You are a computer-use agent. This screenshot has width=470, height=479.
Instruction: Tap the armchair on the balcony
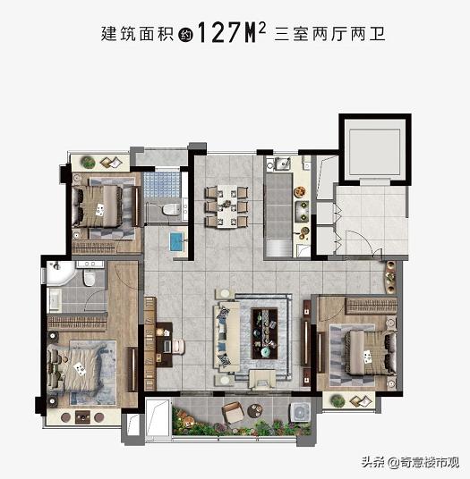pos(230,412)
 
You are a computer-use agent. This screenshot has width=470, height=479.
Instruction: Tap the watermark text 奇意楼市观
pos(423,462)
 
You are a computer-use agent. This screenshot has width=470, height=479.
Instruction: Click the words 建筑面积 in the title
pos(133,36)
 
